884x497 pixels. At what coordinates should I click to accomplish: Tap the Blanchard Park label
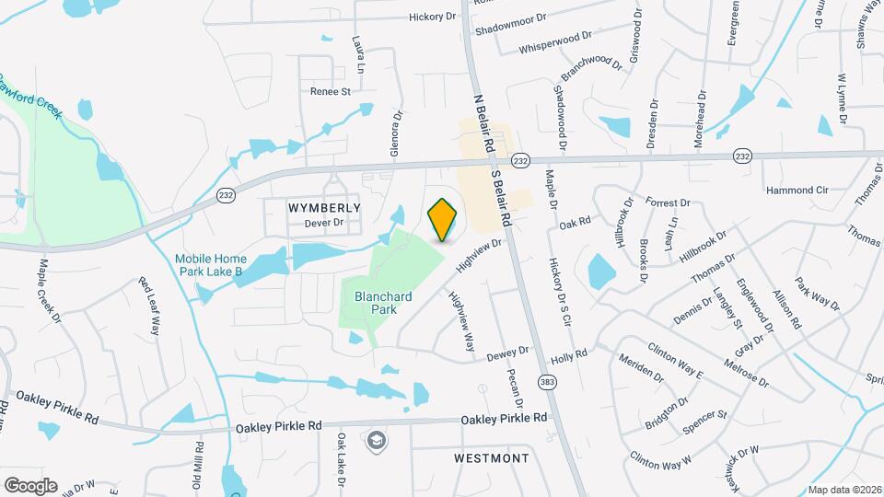pos(375,303)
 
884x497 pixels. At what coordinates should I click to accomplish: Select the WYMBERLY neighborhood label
pos(324,208)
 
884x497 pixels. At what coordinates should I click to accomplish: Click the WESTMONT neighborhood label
pos(492,457)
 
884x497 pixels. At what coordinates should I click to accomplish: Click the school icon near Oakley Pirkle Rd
pos(376,442)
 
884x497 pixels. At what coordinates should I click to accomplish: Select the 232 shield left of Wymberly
pos(225,195)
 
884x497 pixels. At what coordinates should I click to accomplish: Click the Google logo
pos(30,485)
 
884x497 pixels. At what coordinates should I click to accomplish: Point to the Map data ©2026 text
pos(843,490)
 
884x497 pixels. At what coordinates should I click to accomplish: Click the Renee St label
pos(331,91)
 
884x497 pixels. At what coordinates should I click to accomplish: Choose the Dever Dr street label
pos(323,223)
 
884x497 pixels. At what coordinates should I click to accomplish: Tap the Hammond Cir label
pos(797,190)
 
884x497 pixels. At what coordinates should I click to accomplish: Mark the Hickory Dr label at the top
pos(433,17)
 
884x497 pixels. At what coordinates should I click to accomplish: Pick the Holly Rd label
pos(568,355)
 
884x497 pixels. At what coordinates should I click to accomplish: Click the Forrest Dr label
pos(668,202)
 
